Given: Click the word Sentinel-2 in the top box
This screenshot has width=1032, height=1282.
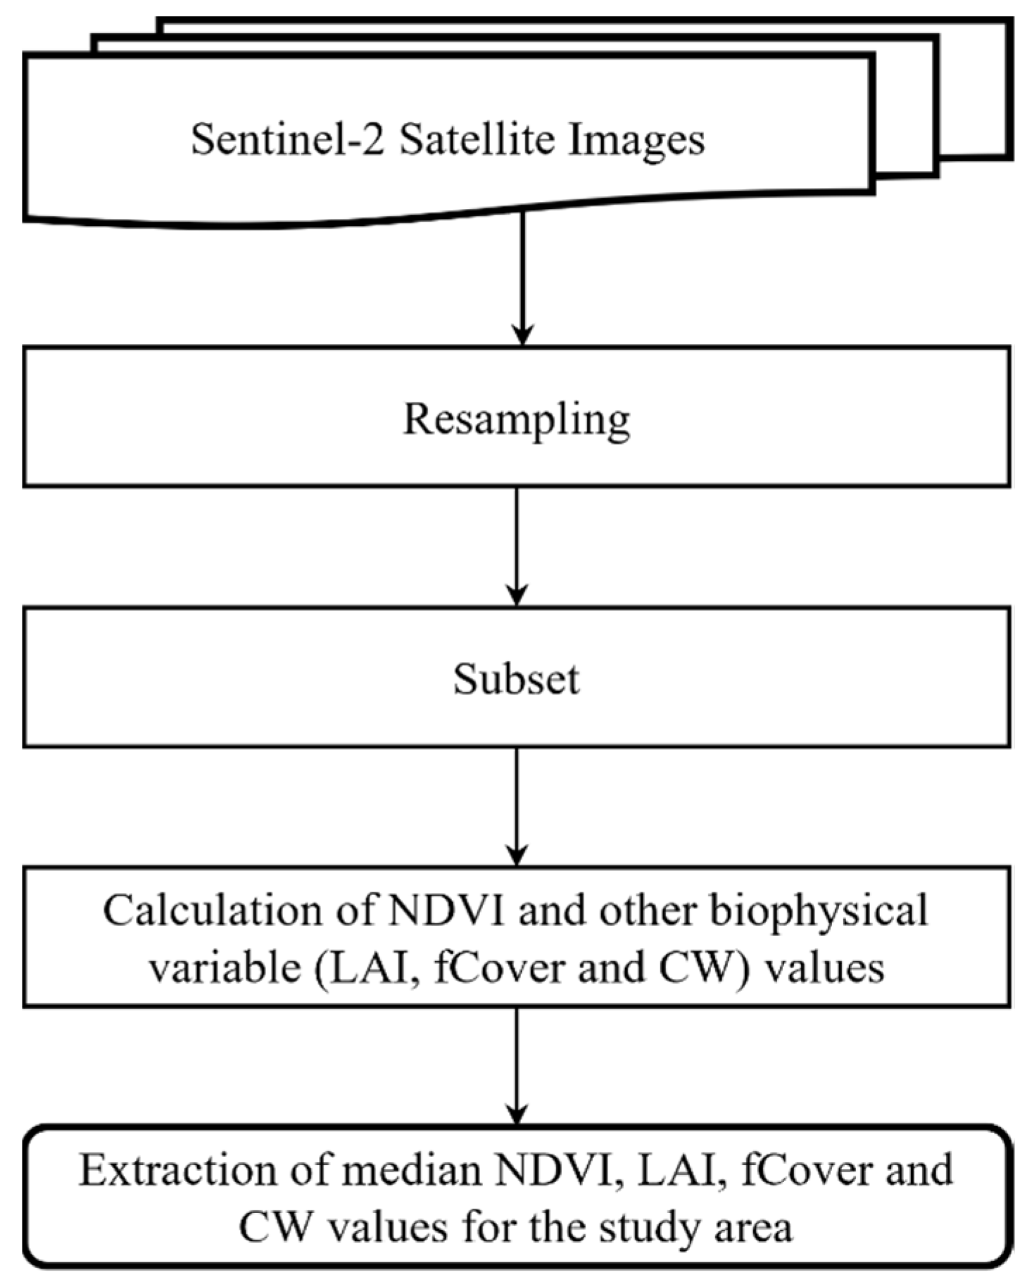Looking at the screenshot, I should tap(288, 139).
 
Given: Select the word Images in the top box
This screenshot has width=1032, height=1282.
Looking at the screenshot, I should tap(637, 139).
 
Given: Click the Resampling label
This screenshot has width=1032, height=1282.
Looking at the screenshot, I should tap(516, 420).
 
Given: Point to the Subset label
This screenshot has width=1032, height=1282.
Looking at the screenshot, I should tap(516, 680).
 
